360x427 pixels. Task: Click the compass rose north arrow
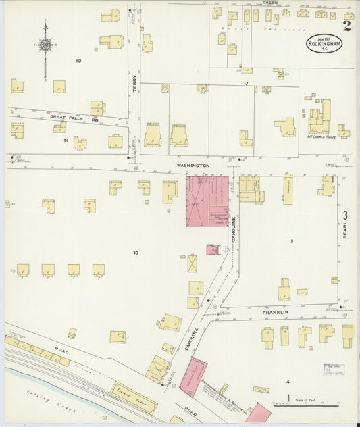[x=45, y=45]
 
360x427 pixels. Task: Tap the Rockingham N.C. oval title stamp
[x=322, y=45]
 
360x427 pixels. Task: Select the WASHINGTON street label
[x=194, y=165]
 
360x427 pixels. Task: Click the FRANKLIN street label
[x=275, y=312]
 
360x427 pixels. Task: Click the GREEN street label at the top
[x=270, y=3]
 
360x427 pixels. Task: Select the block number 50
[x=78, y=61]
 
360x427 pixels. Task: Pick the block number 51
[x=66, y=140]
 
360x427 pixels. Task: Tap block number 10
[x=136, y=253]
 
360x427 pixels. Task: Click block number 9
[x=292, y=241]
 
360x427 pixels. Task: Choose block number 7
[x=247, y=83]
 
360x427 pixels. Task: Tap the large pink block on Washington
[x=207, y=201]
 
